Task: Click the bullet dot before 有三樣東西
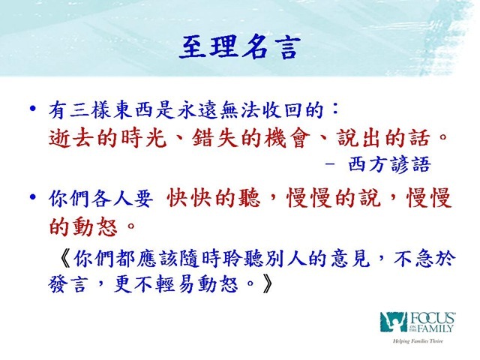coord(33,109)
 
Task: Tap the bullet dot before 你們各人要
coord(33,196)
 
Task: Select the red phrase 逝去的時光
coord(108,138)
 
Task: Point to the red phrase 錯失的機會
coord(251,138)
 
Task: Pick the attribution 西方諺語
coord(390,165)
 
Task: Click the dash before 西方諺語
coord(330,164)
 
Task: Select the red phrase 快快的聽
coord(214,198)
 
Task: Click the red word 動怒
coord(95,226)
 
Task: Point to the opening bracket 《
coord(64,259)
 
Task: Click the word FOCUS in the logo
coord(432,318)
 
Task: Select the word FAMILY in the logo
coord(435,328)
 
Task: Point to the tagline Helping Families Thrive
coord(418,341)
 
